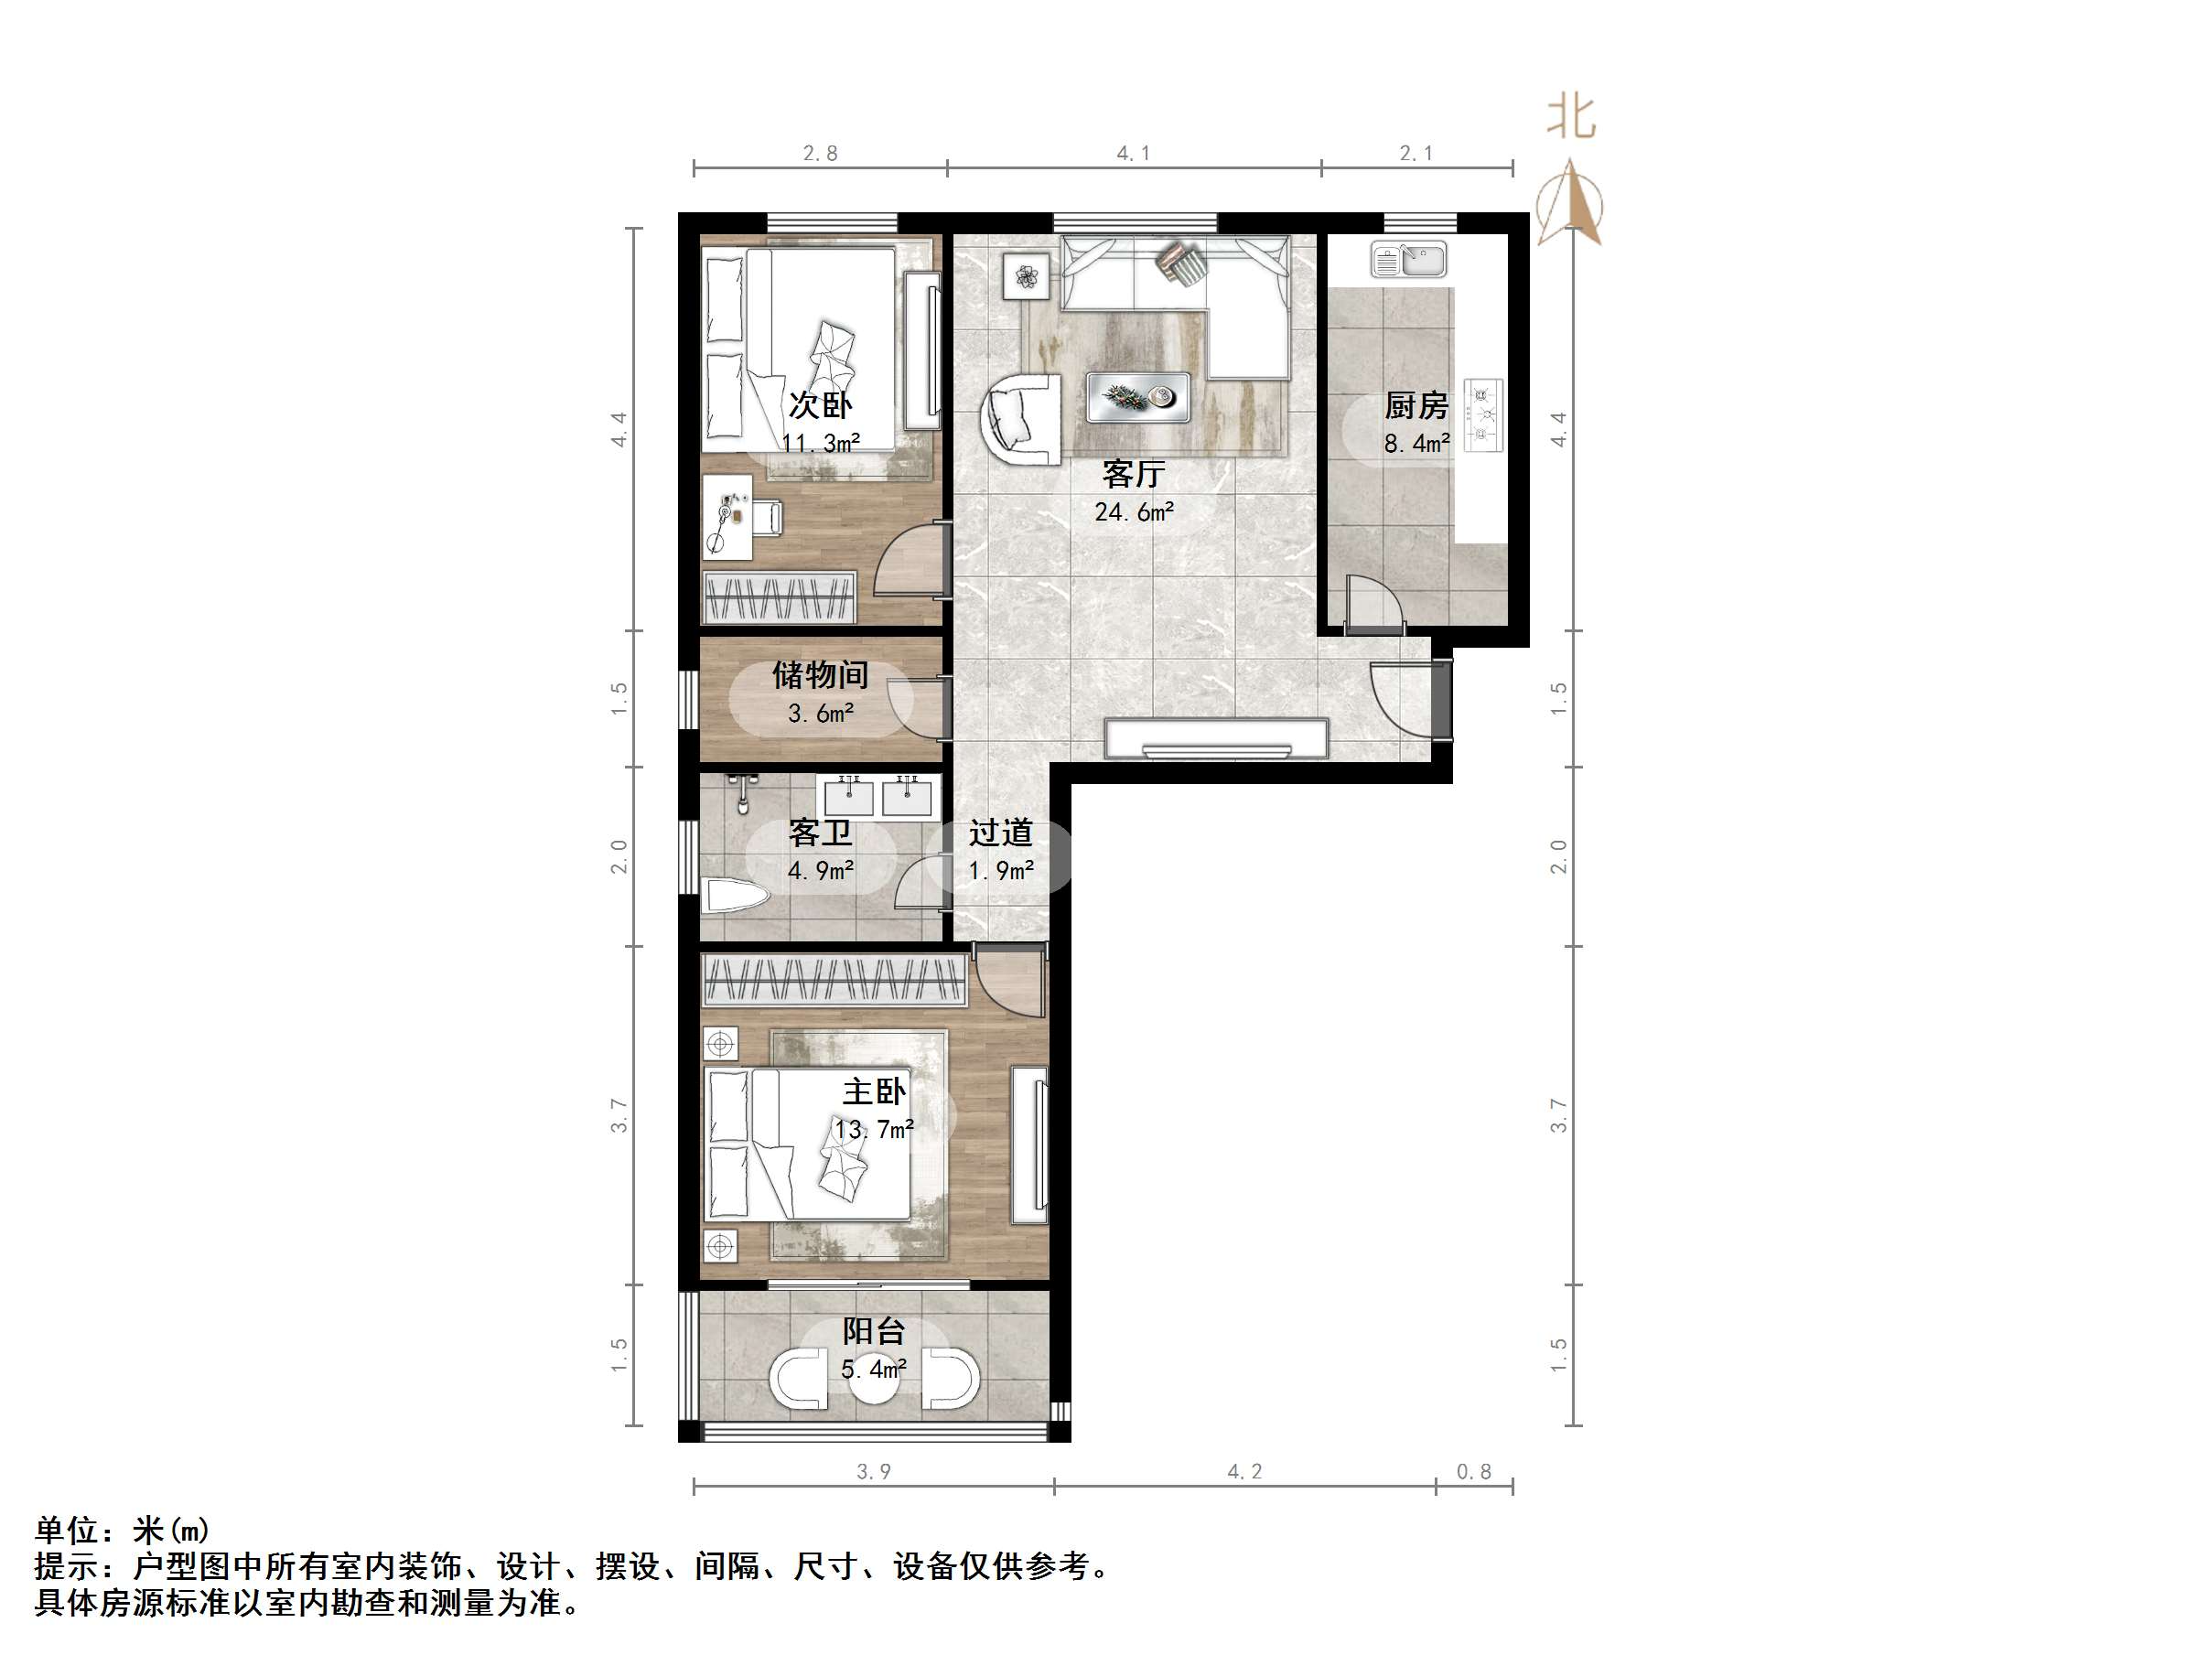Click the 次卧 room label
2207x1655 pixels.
tap(820, 405)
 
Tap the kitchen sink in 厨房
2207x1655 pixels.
tap(1408, 261)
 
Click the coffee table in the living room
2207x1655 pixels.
tap(1137, 397)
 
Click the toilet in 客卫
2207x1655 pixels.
tap(733, 895)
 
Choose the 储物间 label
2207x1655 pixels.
tap(820, 675)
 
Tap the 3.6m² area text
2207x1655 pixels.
tap(820, 714)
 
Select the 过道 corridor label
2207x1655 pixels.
tap(1001, 832)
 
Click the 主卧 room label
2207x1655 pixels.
tap(874, 1091)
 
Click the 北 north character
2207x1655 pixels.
tap(1571, 119)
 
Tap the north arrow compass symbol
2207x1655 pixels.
tap(1569, 205)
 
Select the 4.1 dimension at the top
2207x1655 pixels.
tap(1134, 154)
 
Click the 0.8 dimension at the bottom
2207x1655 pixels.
tap(1474, 1471)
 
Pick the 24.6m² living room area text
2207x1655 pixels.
tap(1134, 512)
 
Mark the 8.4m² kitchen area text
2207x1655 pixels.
tap(1416, 443)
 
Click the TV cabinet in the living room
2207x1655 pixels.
tap(1216, 739)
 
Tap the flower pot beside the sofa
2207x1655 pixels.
tap(1027, 275)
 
